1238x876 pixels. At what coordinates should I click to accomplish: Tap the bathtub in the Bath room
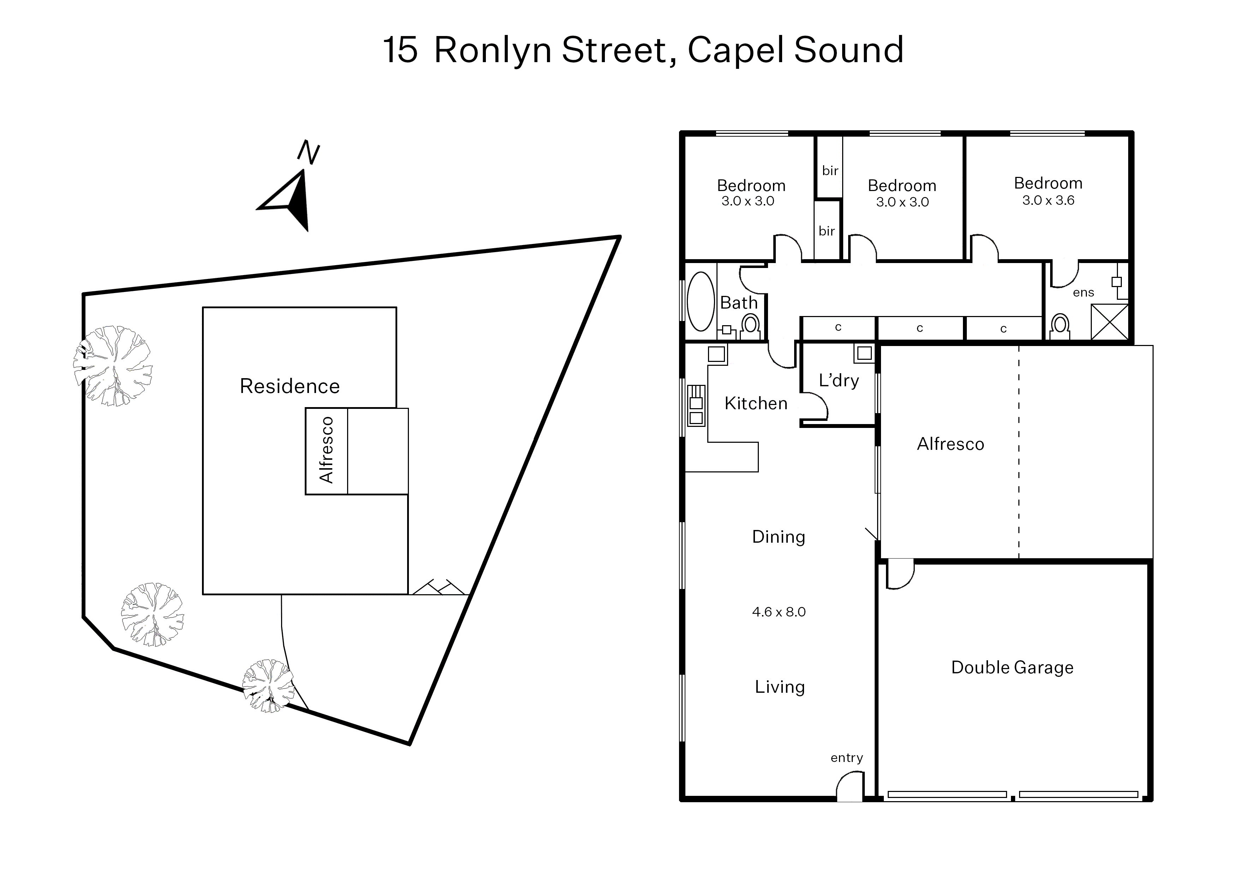pyautogui.click(x=701, y=302)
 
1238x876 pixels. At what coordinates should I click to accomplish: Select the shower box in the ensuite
pyautogui.click(x=1109, y=322)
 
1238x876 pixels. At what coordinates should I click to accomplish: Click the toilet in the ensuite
pyautogui.click(x=1060, y=326)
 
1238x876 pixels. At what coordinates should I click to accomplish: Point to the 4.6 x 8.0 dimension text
pyautogui.click(x=778, y=612)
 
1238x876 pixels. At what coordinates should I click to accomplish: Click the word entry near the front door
pyautogui.click(x=846, y=758)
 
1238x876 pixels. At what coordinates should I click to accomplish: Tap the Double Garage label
pyautogui.click(x=1012, y=667)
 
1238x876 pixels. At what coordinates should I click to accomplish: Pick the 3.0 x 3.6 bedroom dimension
pyautogui.click(x=1048, y=200)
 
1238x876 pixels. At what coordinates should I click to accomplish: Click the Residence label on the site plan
pyautogui.click(x=290, y=386)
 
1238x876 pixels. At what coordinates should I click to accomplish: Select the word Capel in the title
pyautogui.click(x=736, y=50)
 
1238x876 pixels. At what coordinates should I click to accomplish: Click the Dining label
pyautogui.click(x=778, y=537)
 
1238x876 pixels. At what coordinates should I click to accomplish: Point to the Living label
pyautogui.click(x=779, y=687)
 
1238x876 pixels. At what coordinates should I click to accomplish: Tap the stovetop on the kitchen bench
pyautogui.click(x=696, y=405)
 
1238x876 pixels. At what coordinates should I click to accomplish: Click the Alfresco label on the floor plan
pyautogui.click(x=951, y=444)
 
